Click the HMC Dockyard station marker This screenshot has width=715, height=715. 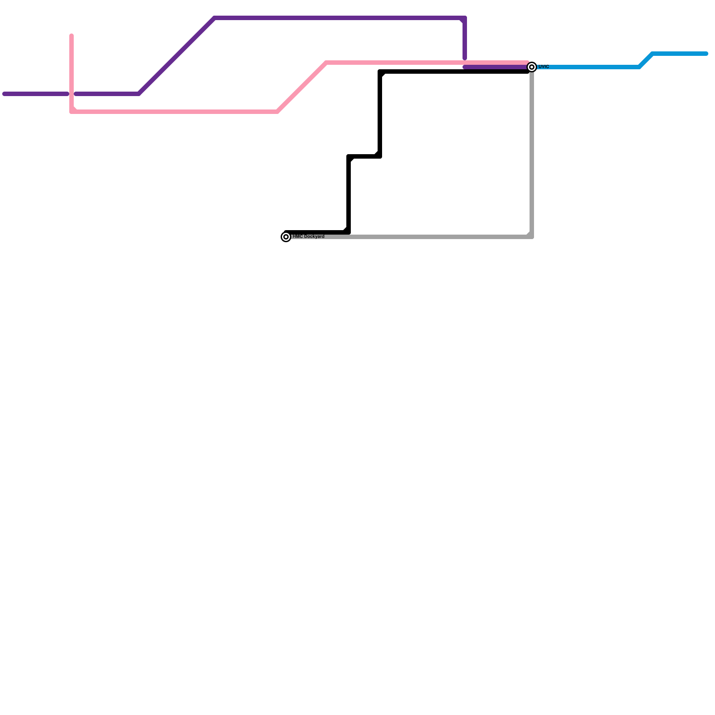pyautogui.click(x=286, y=237)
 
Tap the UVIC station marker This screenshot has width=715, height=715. pyautogui.click(x=532, y=67)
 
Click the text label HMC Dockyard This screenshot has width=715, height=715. pyautogui.click(x=308, y=236)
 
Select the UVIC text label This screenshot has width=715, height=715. pyautogui.click(x=543, y=67)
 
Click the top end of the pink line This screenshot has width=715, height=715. pyautogui.click(x=71, y=36)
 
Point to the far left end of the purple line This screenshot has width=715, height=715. pyautogui.click(x=4, y=94)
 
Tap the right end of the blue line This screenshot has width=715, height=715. pyautogui.click(x=707, y=54)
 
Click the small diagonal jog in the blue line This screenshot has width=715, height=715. pyautogui.click(x=646, y=60)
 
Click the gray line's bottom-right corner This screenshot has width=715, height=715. pyautogui.click(x=531, y=236)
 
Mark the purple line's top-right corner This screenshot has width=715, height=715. pyautogui.click(x=465, y=18)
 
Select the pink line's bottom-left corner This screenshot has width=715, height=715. pyautogui.click(x=72, y=111)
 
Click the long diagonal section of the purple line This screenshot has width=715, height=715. pyautogui.click(x=177, y=56)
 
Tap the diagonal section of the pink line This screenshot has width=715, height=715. pyautogui.click(x=302, y=87)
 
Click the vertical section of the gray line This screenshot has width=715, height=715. pyautogui.click(x=532, y=152)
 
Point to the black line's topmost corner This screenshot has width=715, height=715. pyautogui.click(x=380, y=71)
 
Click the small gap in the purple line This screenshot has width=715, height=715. pyautogui.click(x=71, y=94)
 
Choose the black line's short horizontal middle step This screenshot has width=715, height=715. pyautogui.click(x=364, y=156)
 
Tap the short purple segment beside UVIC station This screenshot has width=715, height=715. pyautogui.click(x=496, y=67)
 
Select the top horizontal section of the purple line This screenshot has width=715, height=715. pyautogui.click(x=340, y=18)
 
